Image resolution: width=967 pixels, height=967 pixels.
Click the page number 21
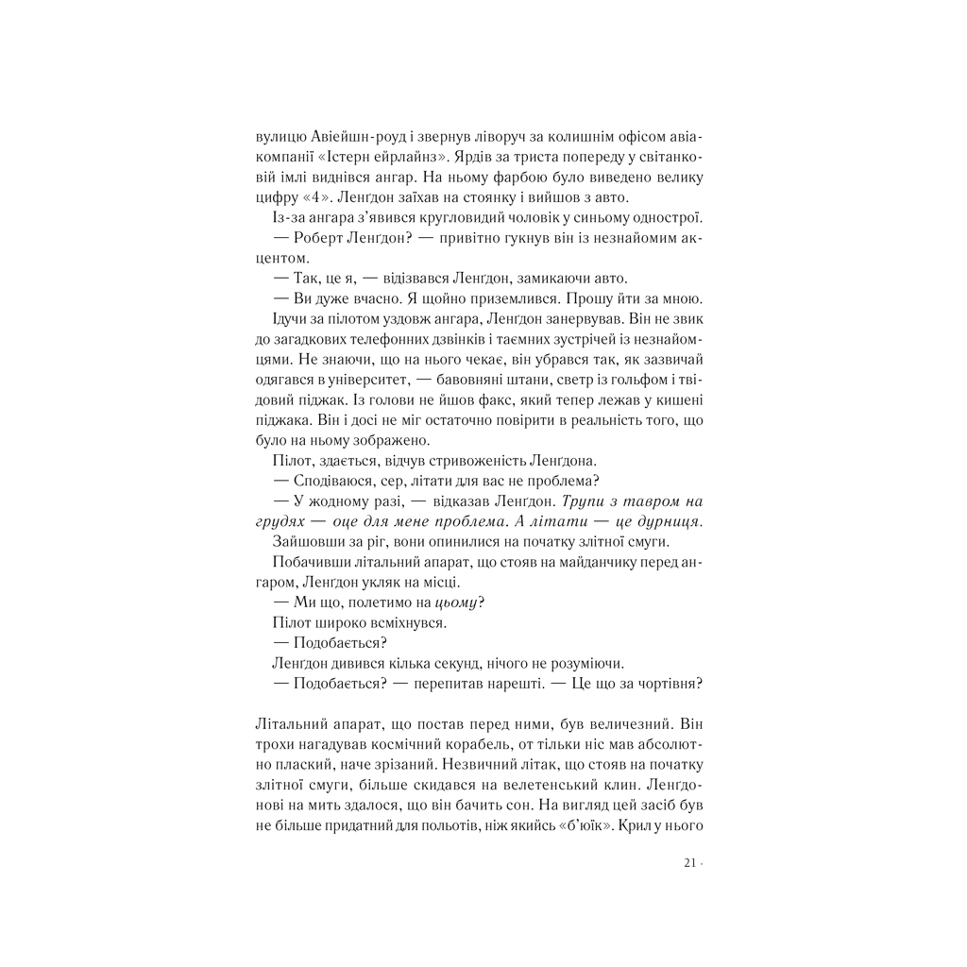coord(688,863)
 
